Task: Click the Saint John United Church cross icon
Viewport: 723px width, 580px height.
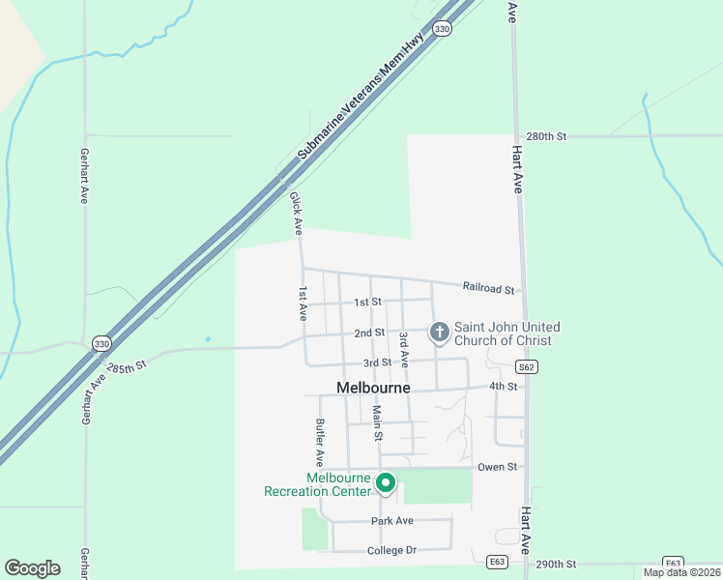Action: (x=439, y=333)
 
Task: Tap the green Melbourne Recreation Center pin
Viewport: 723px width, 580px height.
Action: (x=385, y=481)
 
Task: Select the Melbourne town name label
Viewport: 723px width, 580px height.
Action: (x=373, y=388)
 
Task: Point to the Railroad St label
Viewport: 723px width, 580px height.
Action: (x=488, y=287)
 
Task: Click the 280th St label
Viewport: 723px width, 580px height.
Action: (x=545, y=136)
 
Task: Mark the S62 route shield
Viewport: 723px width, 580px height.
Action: (x=526, y=367)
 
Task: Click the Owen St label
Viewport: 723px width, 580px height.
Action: (x=498, y=467)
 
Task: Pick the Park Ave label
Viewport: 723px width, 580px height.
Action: (x=392, y=521)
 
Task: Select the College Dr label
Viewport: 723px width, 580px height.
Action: (x=391, y=551)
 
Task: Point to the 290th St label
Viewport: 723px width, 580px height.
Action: (x=556, y=564)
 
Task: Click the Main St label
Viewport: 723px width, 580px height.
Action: (x=378, y=422)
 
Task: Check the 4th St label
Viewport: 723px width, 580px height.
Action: (x=503, y=386)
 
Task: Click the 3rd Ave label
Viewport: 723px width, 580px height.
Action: (x=404, y=349)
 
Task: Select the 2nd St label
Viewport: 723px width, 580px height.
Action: (x=369, y=333)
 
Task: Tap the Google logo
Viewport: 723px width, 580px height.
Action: (x=32, y=568)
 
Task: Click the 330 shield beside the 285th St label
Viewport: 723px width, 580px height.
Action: (x=101, y=343)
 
